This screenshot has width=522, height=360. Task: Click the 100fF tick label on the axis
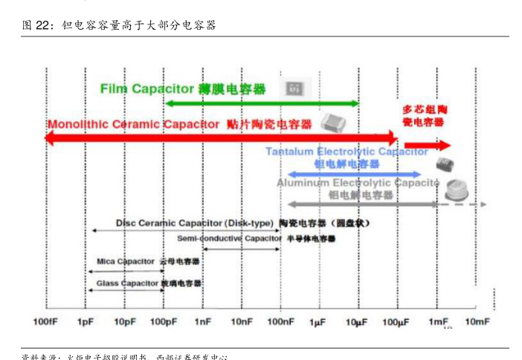tap(45, 321)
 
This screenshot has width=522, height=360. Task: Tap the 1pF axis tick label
tap(86, 321)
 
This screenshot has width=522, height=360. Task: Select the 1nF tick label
tap(203, 321)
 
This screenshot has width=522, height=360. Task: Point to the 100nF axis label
tap(280, 321)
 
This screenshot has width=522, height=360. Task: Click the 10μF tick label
tap(358, 321)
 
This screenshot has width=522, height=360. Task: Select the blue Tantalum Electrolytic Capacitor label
tap(347, 151)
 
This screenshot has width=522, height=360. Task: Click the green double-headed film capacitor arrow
tap(261, 103)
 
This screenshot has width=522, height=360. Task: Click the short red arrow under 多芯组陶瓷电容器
tap(428, 145)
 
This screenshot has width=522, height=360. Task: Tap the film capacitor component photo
tap(294, 89)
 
